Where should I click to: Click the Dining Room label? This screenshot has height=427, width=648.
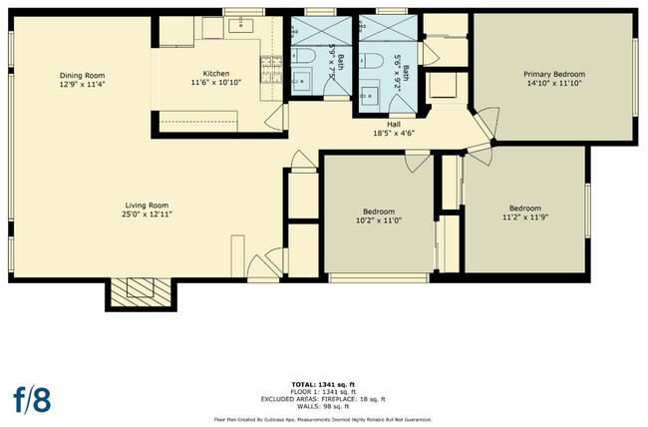[82, 75]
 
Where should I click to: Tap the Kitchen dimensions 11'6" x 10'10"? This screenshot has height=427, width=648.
[216, 83]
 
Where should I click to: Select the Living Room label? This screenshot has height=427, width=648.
[147, 206]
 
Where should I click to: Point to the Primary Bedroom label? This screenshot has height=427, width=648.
[554, 75]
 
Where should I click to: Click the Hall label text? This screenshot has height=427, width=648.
[394, 124]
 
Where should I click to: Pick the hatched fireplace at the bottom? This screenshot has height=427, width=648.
[141, 292]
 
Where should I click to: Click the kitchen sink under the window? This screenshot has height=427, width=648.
[241, 25]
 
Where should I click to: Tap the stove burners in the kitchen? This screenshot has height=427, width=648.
[271, 69]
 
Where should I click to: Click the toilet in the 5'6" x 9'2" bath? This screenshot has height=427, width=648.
[372, 61]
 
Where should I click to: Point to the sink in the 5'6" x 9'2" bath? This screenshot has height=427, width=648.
[370, 96]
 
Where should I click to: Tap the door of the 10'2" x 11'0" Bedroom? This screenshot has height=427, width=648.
[417, 163]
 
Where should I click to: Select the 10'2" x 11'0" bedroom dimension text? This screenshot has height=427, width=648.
[379, 220]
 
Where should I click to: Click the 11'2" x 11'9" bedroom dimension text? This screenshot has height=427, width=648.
[525, 216]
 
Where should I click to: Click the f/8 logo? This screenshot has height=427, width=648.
[32, 400]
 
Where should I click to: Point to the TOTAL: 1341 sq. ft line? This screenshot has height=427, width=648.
[323, 384]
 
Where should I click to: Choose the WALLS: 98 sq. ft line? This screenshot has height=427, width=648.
[323, 407]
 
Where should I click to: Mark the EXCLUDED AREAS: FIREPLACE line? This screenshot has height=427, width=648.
[323, 399]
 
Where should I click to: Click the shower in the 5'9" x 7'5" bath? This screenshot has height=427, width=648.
[322, 31]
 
